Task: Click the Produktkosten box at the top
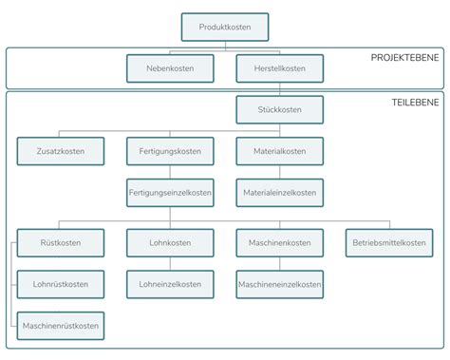[224, 27]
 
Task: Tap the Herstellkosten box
[279, 68]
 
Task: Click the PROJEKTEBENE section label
[404, 58]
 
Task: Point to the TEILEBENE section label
[415, 101]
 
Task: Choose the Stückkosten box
[279, 110]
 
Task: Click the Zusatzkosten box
[60, 151]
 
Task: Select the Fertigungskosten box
[169, 151]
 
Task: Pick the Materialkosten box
[279, 151]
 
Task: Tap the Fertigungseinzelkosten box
[169, 192]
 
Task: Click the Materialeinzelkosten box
[279, 192]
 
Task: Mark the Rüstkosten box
[60, 243]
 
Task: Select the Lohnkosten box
[169, 243]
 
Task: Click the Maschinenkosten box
[279, 243]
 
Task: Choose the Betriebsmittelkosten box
[387, 243]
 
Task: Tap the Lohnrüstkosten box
[60, 284]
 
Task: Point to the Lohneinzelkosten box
[169, 284]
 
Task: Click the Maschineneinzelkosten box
[279, 284]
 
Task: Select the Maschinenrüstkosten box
[60, 326]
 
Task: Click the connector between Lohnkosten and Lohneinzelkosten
[169, 263]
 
